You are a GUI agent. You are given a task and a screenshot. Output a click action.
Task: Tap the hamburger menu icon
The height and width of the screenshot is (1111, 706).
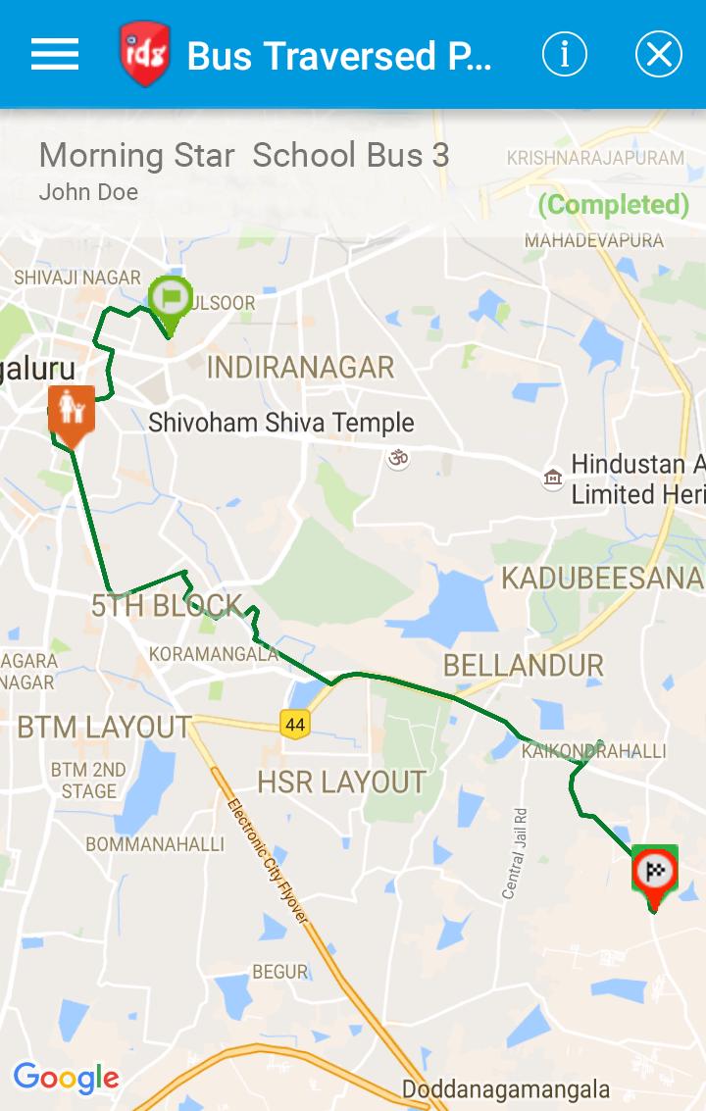55,54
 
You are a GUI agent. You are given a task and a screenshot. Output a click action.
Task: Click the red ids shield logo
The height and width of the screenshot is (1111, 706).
145,54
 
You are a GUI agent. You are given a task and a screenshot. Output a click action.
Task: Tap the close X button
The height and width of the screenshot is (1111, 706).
658,54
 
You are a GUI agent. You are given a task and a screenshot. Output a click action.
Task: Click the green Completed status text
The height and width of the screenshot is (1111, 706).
614,204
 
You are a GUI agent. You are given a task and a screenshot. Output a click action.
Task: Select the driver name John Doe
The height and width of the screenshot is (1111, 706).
88,192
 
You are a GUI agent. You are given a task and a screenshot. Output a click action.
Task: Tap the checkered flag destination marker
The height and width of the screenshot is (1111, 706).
654,871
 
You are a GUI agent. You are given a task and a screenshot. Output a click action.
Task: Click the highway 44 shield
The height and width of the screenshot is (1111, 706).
294,725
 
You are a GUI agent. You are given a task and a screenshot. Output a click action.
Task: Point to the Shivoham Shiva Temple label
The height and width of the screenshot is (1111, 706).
281,423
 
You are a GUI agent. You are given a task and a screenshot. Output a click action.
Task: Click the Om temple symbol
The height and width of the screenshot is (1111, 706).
397,457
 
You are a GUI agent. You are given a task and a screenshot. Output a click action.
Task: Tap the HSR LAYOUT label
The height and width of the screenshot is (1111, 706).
341,782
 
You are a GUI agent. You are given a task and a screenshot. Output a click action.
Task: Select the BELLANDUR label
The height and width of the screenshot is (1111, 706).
524,666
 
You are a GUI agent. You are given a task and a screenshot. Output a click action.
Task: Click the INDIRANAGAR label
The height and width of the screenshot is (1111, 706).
300,368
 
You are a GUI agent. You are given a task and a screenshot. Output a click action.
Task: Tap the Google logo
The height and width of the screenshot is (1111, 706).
66,1079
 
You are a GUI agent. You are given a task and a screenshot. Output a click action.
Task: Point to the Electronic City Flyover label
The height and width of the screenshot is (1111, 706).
268,861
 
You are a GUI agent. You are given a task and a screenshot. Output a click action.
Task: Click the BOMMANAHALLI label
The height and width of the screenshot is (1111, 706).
155,843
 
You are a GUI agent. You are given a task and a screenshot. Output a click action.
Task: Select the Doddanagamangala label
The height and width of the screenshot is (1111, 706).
505,1089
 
